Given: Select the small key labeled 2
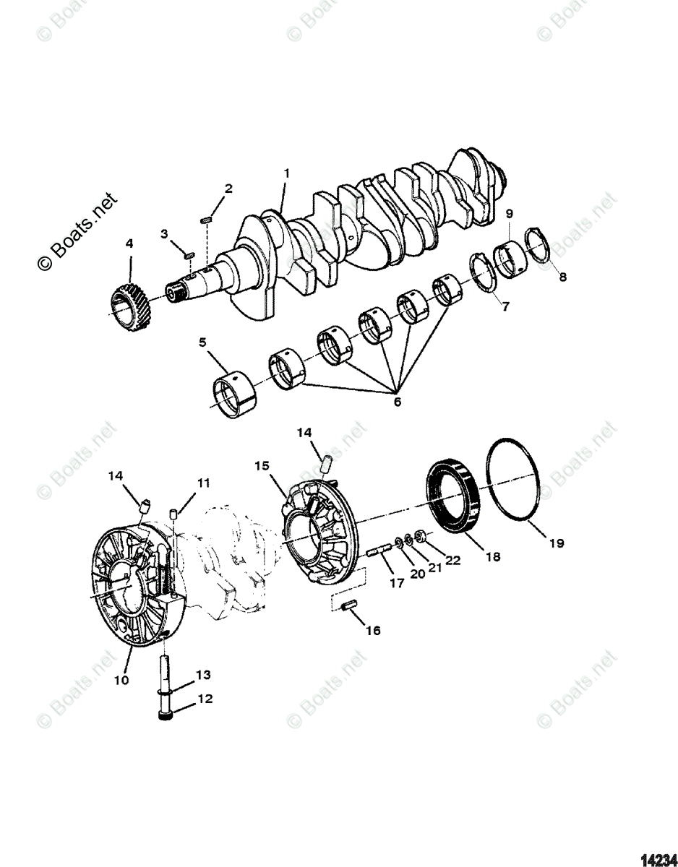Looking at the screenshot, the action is tap(205, 217).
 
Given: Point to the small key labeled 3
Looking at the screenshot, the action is tap(189, 254).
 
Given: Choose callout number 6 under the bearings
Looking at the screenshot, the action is tap(397, 402).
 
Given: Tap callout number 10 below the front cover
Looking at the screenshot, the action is tap(121, 680).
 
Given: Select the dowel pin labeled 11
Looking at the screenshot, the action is tap(174, 514).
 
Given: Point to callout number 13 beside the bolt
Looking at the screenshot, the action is tap(204, 675).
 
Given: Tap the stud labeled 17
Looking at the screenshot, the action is tap(380, 554).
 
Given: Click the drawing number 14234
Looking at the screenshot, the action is tap(659, 853).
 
